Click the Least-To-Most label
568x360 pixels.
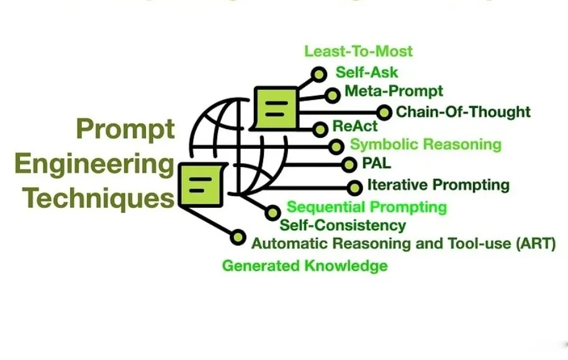pos(358,51)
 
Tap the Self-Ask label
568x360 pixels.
pos(367,72)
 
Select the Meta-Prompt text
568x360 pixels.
pos(394,91)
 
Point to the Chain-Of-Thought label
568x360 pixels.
pos(463,112)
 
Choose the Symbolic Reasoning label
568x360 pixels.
pos(426,145)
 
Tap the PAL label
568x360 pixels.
pos(376,164)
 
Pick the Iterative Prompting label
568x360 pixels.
pos(438,184)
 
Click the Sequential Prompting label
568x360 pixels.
pos(367,207)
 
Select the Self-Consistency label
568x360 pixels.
pos(343,225)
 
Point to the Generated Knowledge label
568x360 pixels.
pos(305,266)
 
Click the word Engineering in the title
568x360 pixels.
pos(94,164)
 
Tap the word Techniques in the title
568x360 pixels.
pos(99,199)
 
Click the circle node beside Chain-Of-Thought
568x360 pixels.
pos(384,112)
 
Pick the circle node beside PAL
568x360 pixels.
pos(349,164)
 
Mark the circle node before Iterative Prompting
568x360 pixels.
pos(354,187)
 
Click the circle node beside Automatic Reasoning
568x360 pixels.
pos(237,237)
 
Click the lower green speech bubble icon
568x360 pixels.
pos(199,184)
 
